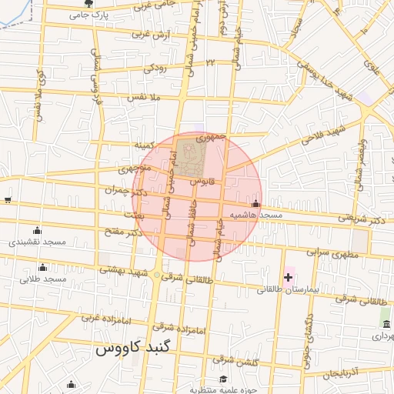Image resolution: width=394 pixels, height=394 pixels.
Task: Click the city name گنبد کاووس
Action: click(125, 349)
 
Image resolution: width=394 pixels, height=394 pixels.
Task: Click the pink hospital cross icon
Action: click(289, 276)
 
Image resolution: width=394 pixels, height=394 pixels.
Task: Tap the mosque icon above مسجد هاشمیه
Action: click(255, 204)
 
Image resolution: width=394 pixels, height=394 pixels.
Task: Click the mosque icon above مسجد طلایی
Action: click(42, 268)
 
